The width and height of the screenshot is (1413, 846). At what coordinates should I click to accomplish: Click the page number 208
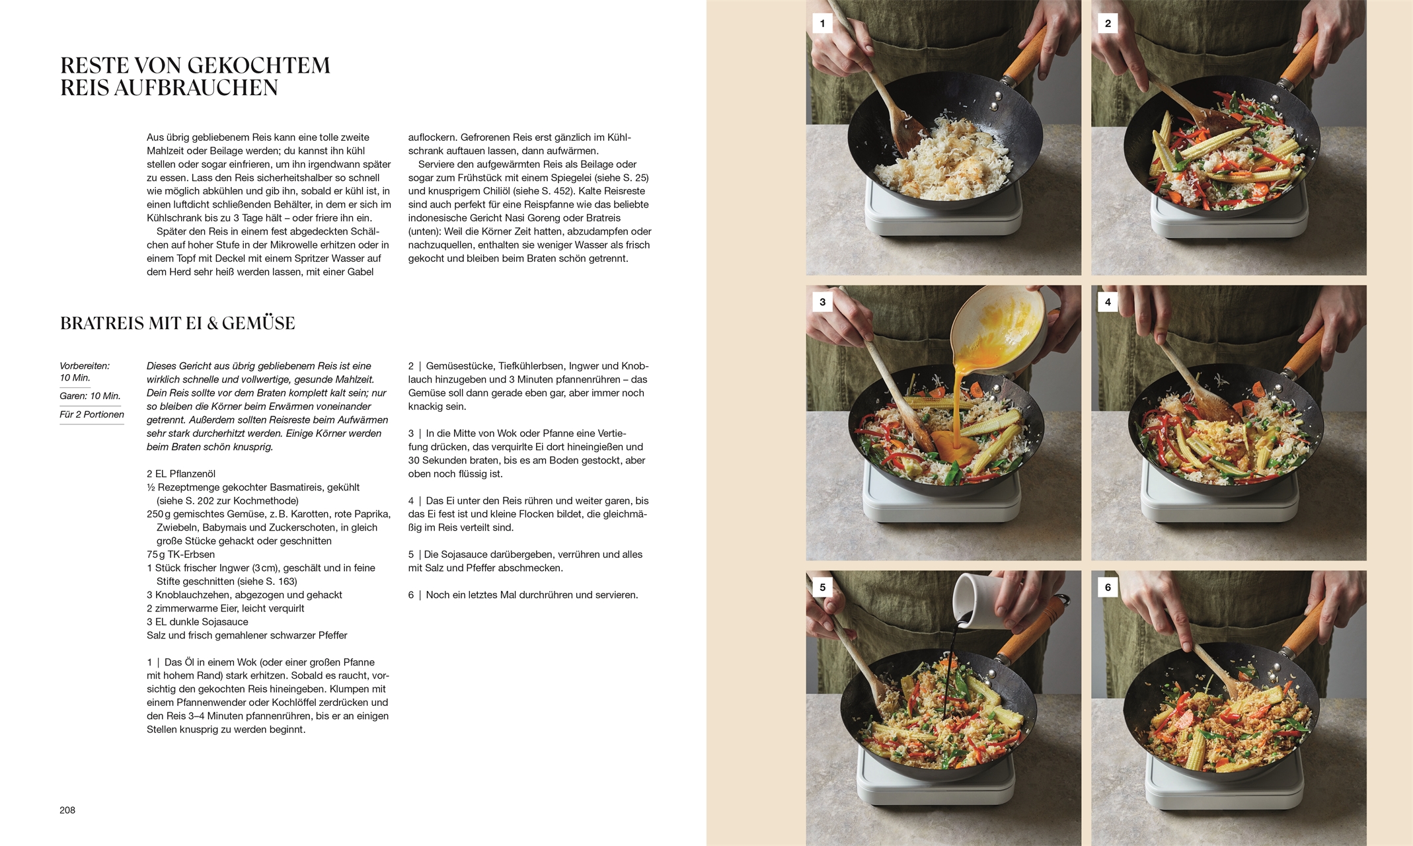67,810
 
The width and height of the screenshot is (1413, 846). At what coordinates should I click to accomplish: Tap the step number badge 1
822,24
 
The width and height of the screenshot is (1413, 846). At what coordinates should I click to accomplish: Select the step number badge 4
1108,302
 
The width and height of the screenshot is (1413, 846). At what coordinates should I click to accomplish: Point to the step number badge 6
1108,587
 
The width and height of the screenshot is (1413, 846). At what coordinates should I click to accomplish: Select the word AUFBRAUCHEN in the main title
196,88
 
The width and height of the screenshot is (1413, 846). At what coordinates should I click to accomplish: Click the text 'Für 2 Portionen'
92,414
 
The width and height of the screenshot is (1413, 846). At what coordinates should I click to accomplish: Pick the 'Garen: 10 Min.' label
90,396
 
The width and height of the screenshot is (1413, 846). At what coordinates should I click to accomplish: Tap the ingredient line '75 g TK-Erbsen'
180,555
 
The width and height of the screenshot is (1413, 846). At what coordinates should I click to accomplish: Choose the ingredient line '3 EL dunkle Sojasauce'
198,622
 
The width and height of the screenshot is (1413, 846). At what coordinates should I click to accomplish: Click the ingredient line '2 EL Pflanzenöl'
181,474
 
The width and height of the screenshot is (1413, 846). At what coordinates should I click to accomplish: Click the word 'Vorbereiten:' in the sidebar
85,365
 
